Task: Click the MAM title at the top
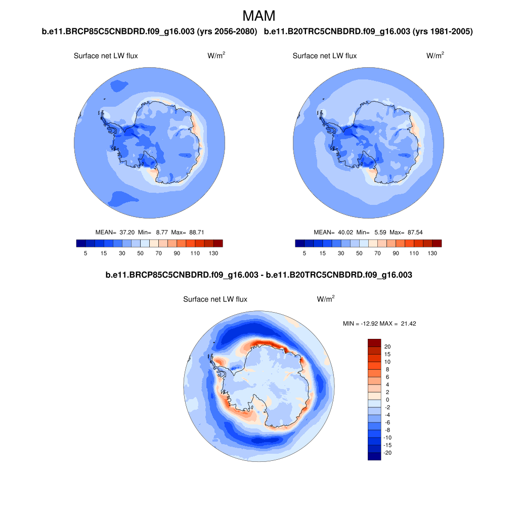[259, 16]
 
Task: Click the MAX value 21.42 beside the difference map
[408, 323]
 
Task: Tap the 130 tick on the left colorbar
[213, 253]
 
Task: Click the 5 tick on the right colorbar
[304, 253]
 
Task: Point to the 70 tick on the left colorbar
[158, 253]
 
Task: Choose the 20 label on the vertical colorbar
[387, 347]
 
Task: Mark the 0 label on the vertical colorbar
[387, 400]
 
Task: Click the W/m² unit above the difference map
[325, 299]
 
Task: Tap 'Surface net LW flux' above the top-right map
[324, 56]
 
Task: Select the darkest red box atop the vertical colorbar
[374, 342]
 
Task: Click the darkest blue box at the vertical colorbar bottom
[374, 456]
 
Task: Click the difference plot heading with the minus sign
[259, 276]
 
